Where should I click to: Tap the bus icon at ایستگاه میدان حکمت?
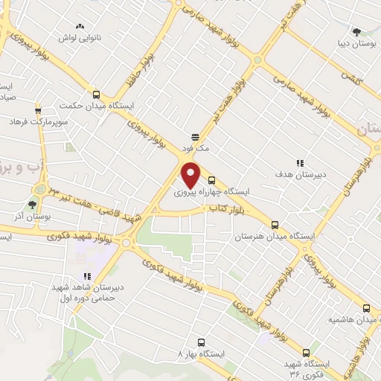(x=96, y=95)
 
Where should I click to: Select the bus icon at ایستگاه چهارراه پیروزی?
(x=212, y=179)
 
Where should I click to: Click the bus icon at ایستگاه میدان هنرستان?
(x=275, y=224)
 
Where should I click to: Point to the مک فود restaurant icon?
(x=195, y=137)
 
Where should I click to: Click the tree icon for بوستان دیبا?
(x=357, y=32)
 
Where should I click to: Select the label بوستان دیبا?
(x=356, y=43)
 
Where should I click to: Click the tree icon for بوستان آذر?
(x=31, y=204)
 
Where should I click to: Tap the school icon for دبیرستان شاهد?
(x=87, y=275)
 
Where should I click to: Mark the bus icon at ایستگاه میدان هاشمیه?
(x=365, y=307)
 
